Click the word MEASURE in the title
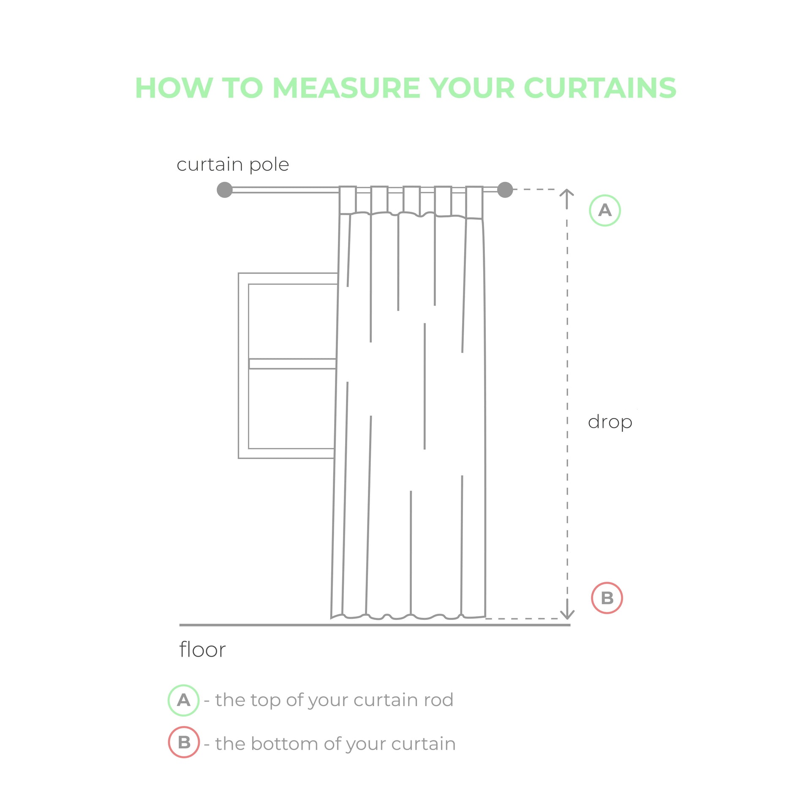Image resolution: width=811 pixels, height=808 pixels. pos(347,88)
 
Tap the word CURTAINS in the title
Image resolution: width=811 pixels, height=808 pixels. pos(600,88)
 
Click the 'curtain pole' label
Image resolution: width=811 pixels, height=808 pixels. pos(233,165)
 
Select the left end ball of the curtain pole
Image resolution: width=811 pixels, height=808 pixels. pos(225,190)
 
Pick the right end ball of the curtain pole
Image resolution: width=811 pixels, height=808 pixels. pos(505,190)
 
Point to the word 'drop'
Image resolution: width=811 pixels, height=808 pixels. pos(610,422)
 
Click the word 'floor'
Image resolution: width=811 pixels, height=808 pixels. pos(202,650)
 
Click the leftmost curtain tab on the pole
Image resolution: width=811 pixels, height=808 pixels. pos(348,200)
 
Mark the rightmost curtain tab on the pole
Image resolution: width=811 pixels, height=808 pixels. pos(474,202)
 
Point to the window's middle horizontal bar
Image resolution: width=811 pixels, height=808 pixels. pos(292,364)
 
